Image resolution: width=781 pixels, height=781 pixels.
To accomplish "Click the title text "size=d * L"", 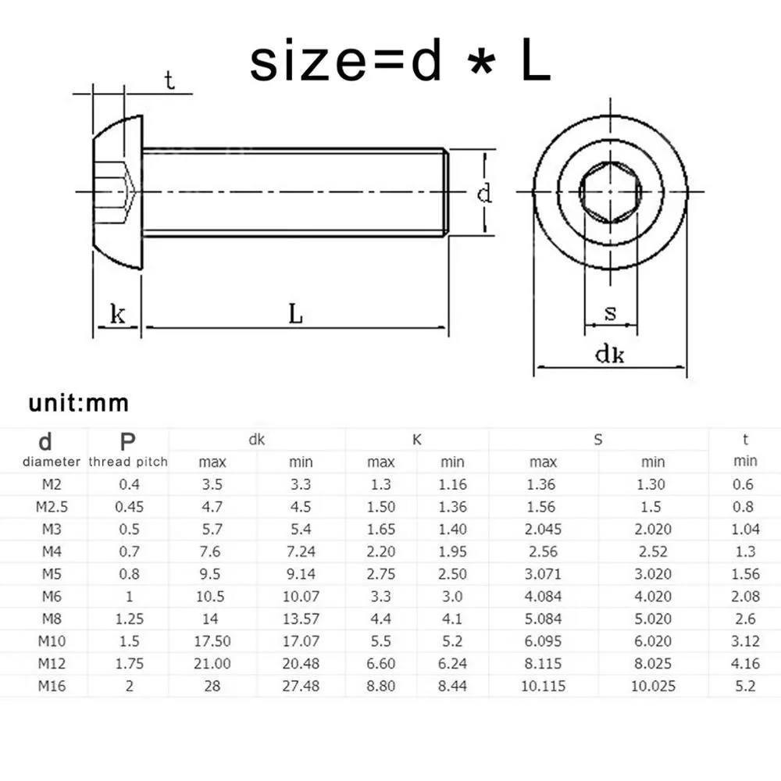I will click(x=400, y=62).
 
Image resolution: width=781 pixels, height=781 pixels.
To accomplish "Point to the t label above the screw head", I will click(x=169, y=80).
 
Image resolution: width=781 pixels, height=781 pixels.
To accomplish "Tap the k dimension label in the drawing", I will click(x=118, y=315).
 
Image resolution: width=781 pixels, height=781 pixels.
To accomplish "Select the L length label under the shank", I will click(x=295, y=315).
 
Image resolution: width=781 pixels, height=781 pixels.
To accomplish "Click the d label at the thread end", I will click(x=485, y=192).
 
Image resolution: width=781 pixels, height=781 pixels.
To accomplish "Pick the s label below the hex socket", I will click(x=611, y=313).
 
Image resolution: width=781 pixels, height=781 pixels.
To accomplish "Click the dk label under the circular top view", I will click(x=610, y=355).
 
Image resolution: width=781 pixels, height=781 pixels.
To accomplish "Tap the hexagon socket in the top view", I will click(x=611, y=191).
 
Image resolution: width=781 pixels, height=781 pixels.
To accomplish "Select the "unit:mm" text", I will click(x=79, y=403).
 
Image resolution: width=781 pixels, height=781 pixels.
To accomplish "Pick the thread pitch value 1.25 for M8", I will click(x=129, y=619).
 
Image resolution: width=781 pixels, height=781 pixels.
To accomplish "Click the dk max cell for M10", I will click(x=212, y=641).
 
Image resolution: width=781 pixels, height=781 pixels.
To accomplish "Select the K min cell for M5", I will click(x=452, y=574).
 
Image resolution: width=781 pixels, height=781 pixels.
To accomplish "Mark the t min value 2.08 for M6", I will click(x=745, y=597).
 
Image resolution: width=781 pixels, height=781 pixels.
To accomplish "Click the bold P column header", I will click(x=128, y=440).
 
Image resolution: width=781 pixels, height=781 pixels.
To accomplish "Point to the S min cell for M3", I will click(x=653, y=529).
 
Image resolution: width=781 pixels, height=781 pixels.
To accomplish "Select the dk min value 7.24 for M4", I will click(x=301, y=551).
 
